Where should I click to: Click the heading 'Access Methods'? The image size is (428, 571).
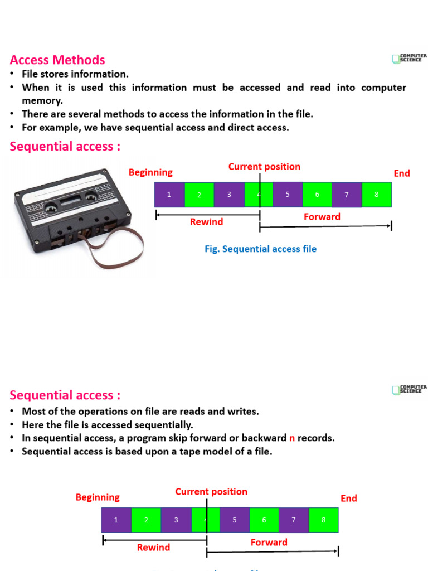pos(57,60)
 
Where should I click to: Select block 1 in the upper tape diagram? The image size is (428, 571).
pos(169,195)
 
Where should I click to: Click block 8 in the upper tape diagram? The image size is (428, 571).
pos(377,195)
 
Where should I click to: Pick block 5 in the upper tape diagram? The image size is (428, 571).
pos(288,195)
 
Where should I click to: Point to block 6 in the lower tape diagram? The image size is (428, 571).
pos(264,520)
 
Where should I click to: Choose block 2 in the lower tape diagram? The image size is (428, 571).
pos(146,520)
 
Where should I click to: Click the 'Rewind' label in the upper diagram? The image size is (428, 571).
pos(206,222)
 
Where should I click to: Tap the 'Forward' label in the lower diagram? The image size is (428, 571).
pos(269,542)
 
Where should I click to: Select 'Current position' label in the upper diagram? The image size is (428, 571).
pos(264,167)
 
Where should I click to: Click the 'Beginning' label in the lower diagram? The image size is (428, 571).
pos(98,497)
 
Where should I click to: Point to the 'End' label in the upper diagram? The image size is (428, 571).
pos(402,173)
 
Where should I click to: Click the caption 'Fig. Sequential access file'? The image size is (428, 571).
pos(260,249)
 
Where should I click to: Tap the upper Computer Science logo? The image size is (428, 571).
pos(410,58)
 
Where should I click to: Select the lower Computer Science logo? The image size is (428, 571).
pos(410,389)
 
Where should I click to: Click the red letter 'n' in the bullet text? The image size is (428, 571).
pos(291,438)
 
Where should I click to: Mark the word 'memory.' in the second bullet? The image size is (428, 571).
pos(42,100)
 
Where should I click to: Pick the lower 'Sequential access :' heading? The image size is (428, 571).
pos(65,395)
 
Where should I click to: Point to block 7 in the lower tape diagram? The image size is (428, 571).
pos(294,520)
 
